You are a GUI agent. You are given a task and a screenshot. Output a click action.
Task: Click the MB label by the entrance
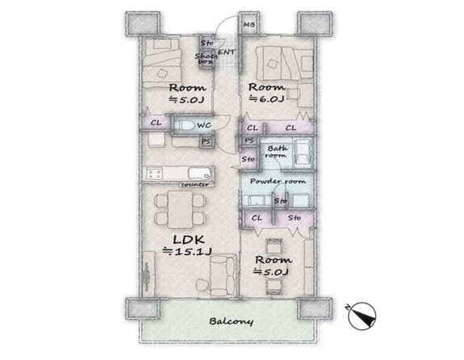click(249, 25)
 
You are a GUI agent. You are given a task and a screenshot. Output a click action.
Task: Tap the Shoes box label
click(206, 58)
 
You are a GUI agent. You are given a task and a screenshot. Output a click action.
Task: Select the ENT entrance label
click(227, 52)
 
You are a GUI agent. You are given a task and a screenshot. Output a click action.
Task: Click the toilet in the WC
click(183, 125)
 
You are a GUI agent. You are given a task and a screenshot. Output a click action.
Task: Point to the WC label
click(204, 125)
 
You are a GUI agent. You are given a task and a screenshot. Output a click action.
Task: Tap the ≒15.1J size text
click(187, 252)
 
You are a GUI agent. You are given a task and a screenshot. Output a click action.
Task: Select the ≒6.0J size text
click(266, 98)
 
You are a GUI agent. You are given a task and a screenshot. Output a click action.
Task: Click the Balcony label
click(231, 321)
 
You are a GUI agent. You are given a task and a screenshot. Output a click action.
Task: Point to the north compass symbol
click(362, 316)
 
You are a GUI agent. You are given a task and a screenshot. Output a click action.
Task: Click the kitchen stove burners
click(153, 174)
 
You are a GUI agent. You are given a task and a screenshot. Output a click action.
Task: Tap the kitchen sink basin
click(199, 174)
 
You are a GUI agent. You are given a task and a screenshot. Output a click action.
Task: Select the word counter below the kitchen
click(195, 185)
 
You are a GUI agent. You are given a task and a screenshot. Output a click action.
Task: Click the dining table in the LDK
click(180, 209)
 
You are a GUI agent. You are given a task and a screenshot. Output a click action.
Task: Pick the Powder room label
click(278, 181)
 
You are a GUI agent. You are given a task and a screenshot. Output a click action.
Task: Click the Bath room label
click(278, 151)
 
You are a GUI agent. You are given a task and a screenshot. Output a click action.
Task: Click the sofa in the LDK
click(223, 276)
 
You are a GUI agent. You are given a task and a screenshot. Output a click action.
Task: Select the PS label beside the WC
click(206, 141)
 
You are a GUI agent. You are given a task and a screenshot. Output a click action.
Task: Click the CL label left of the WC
click(156, 123)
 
